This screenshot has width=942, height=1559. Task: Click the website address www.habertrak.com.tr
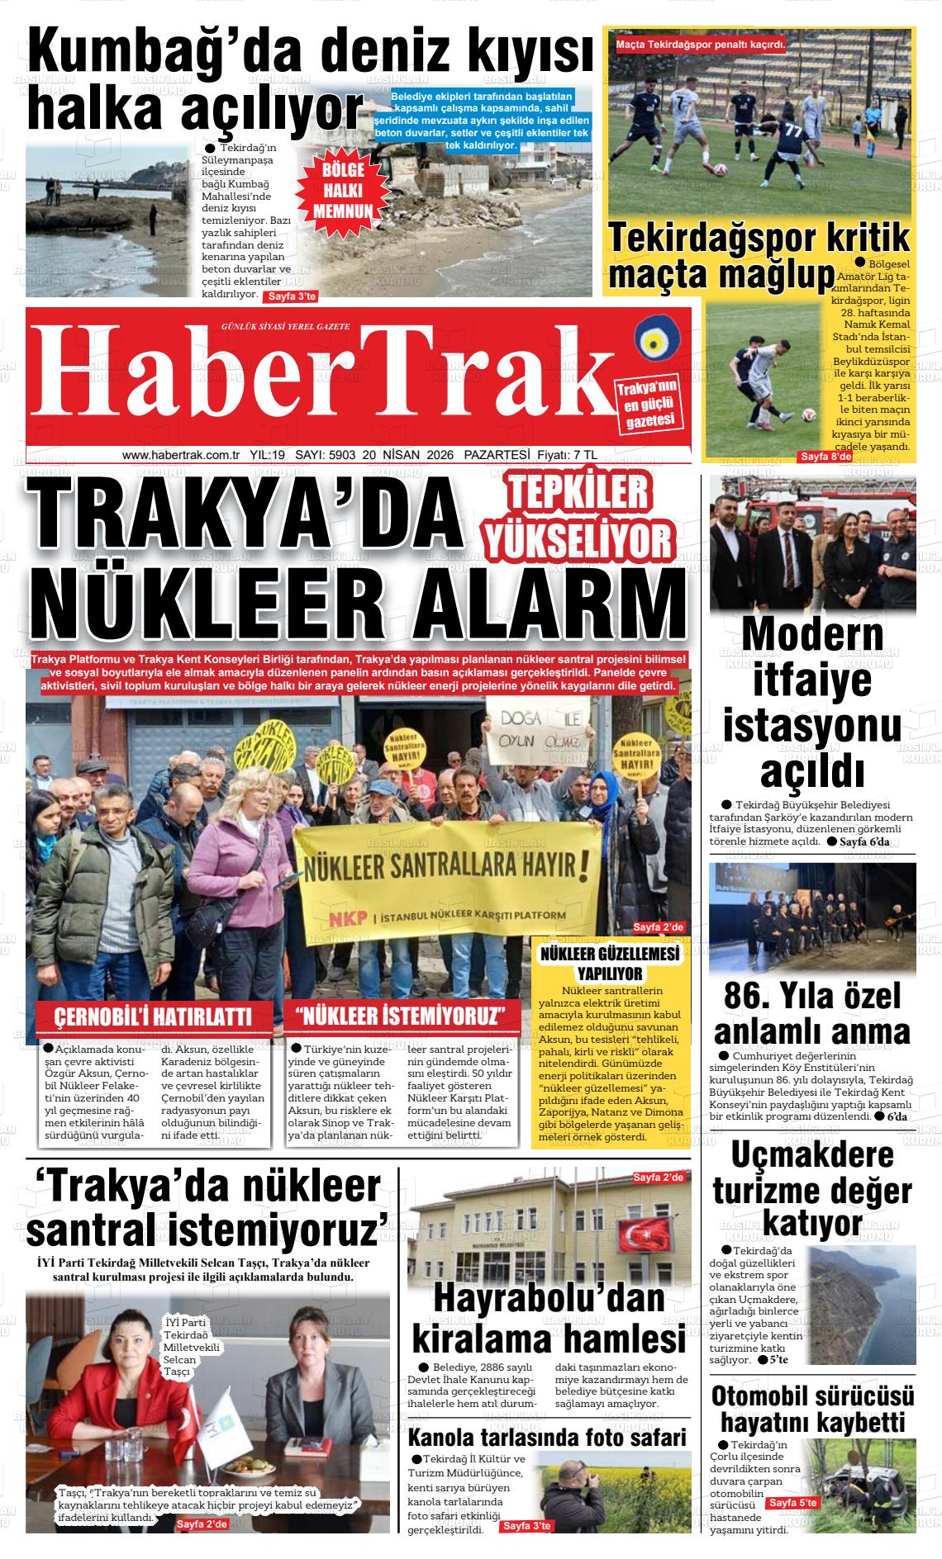pos(180,455)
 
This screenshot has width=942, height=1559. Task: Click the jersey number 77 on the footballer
pos(793,132)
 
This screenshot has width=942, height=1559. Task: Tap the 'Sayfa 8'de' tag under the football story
pos(825,457)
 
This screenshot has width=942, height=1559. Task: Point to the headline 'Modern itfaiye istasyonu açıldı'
pos(812,704)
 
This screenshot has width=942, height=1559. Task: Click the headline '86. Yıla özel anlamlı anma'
pos(812,1014)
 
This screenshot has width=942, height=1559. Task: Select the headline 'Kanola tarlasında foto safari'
pos(547,1438)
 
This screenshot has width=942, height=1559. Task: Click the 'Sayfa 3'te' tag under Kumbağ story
pos(289,296)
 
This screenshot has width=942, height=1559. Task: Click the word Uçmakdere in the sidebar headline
pos(812,1156)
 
